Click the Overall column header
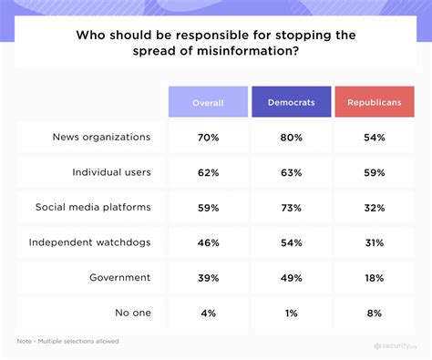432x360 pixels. point(208,102)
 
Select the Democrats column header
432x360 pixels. point(291,102)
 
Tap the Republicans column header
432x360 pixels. point(375,102)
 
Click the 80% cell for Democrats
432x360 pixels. point(291,138)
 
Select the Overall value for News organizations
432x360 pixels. point(208,138)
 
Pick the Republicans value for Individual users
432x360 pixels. point(375,171)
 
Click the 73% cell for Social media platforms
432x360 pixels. point(291,206)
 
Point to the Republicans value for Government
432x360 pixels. point(375,276)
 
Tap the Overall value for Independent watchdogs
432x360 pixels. point(208,242)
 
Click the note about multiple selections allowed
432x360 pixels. point(67,342)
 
